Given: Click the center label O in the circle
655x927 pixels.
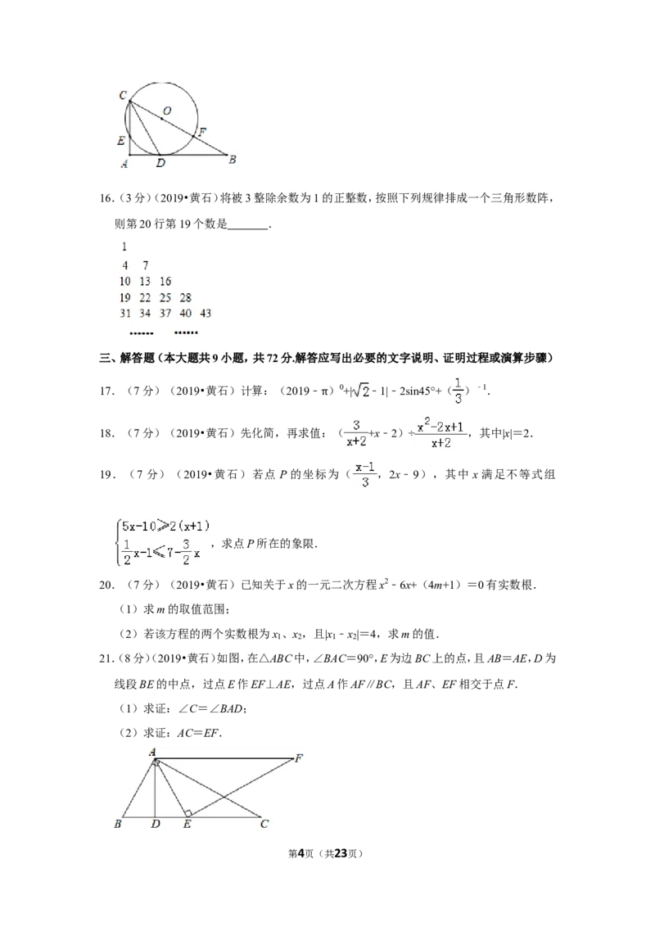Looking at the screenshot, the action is click(x=167, y=111).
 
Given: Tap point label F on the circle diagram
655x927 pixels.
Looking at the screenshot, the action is click(x=202, y=132).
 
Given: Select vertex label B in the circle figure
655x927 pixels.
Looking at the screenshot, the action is click(x=233, y=159).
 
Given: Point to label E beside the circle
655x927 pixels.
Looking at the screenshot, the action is click(x=121, y=141).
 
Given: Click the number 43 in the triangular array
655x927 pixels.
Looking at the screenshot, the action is click(x=206, y=314).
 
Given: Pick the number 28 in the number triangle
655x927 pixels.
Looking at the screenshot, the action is click(x=186, y=297).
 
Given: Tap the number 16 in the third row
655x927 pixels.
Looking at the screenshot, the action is click(x=165, y=282).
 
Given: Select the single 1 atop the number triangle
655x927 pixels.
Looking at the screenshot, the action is click(x=124, y=246).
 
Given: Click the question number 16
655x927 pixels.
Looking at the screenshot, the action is click(x=106, y=198).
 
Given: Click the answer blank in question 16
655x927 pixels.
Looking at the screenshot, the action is click(x=248, y=225).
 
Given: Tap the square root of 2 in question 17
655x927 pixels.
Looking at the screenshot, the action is click(x=362, y=391).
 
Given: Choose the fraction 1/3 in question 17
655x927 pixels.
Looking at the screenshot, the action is click(x=458, y=391).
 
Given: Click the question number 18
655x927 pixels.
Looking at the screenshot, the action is click(x=106, y=433).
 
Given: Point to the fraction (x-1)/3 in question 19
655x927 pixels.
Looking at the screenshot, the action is click(x=364, y=475).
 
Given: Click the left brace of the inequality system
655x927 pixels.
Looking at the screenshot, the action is click(x=118, y=541).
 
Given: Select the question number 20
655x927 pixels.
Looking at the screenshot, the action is click(x=106, y=586).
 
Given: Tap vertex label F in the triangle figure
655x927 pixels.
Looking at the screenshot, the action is click(x=299, y=758).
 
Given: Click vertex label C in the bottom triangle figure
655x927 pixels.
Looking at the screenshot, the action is click(x=264, y=824).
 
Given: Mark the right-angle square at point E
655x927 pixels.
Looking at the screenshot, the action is click(x=188, y=813).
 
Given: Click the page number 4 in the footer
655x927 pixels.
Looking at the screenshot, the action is click(x=301, y=853).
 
